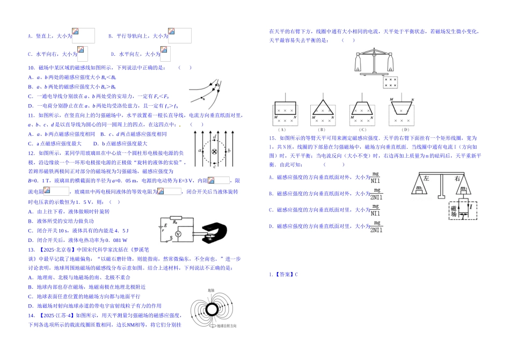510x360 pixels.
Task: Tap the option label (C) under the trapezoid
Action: (x=362, y=129)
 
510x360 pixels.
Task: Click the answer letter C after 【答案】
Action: (x=296, y=275)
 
